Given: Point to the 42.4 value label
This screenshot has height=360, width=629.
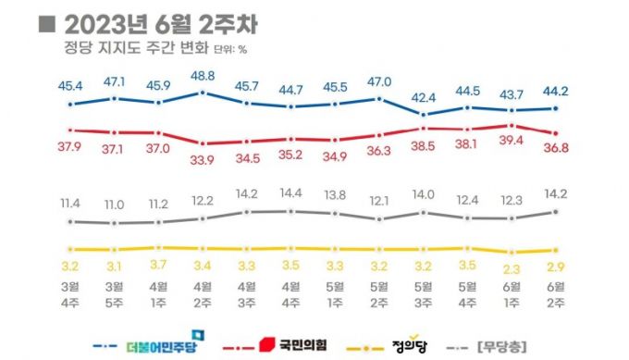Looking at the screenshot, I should (423, 96).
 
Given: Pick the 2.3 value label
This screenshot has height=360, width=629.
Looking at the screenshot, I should (512, 269).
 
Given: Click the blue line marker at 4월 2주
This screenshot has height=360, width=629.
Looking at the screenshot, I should (202, 93).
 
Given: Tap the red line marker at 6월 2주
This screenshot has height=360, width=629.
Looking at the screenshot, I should (555, 133).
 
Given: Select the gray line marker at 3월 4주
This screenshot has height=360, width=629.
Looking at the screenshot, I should (70, 222).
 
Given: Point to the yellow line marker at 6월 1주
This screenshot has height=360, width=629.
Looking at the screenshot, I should (512, 253).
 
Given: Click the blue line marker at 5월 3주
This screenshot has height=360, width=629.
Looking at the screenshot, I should (423, 115).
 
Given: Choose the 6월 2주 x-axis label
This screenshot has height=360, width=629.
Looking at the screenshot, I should (555, 294).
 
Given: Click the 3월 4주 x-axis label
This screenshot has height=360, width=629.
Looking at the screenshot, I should (70, 294).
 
